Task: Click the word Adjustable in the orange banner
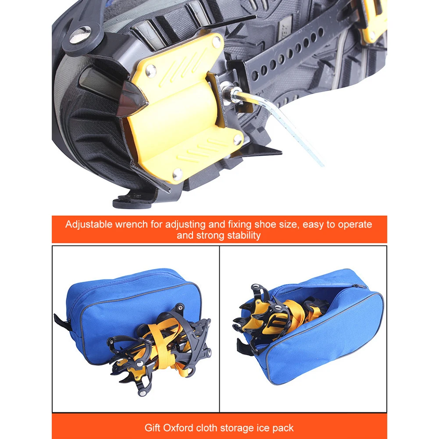[89, 225]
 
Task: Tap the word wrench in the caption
[131, 225]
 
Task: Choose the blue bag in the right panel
[333, 333]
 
